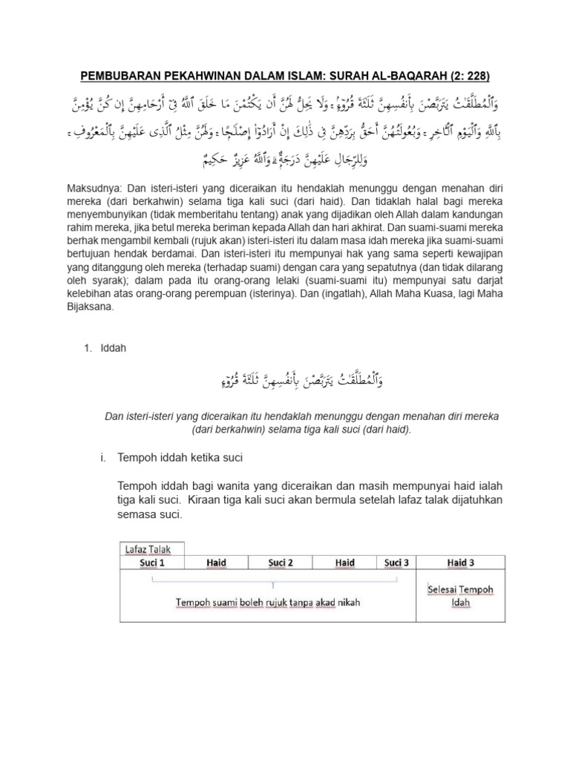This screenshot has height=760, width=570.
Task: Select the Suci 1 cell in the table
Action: pyautogui.click(x=152, y=563)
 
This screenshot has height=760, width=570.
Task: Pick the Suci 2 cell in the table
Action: pyautogui.click(x=281, y=563)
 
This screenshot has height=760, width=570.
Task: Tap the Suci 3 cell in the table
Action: pyautogui.click(x=397, y=563)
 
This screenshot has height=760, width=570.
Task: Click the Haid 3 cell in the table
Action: pyautogui.click(x=461, y=563)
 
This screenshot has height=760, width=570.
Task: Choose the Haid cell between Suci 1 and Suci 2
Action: pyautogui.click(x=216, y=563)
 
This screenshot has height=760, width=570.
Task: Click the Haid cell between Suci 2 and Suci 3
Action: pyautogui.click(x=344, y=563)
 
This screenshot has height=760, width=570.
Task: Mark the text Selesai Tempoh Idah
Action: pyautogui.click(x=461, y=595)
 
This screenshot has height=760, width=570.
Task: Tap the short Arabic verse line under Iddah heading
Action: pyautogui.click(x=305, y=381)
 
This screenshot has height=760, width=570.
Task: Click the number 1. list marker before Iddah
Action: pyautogui.click(x=87, y=348)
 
